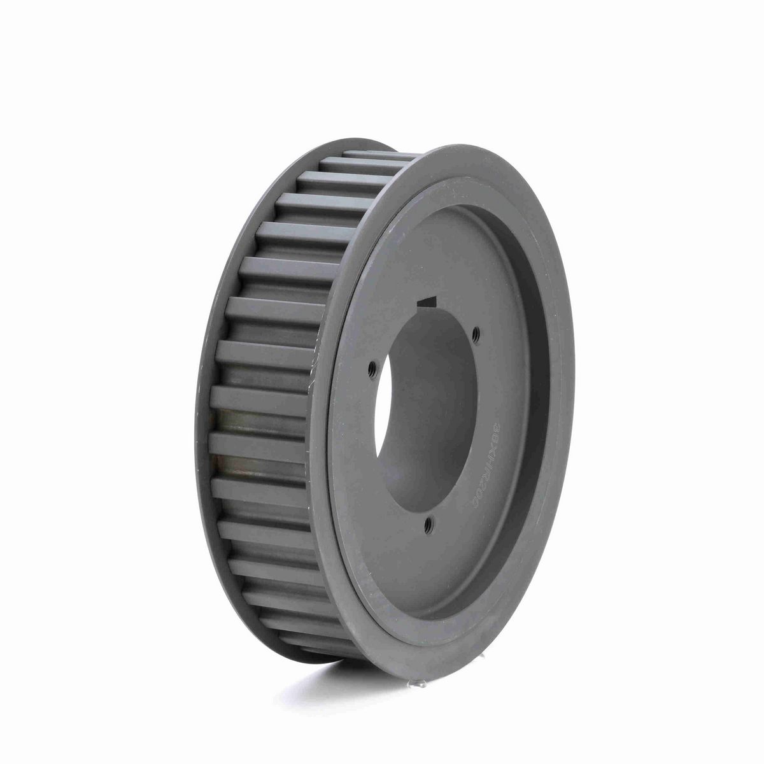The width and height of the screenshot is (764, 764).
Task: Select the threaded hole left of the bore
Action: pos(372,366)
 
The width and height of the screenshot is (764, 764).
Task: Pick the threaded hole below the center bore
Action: pos(429,523)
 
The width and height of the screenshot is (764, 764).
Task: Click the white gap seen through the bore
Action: pos(386,433)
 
